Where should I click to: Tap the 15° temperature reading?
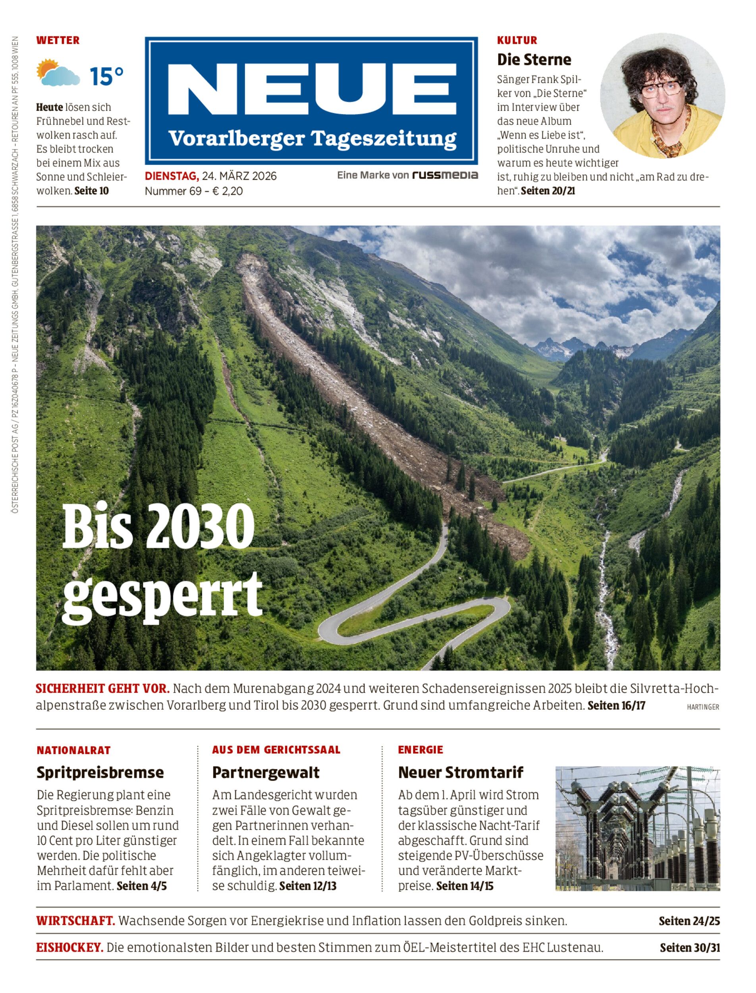[x=106, y=76]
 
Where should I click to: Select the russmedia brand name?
[x=445, y=175]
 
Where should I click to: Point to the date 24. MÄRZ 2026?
[x=239, y=176]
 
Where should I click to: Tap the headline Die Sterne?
[x=534, y=60]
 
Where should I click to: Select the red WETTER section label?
[x=58, y=40]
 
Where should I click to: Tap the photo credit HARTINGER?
[x=702, y=707]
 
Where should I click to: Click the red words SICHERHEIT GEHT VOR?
[x=102, y=689]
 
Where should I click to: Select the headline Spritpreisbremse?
[x=100, y=772]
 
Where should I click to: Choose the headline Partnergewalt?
[x=266, y=772]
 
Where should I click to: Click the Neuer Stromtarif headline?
[x=460, y=772]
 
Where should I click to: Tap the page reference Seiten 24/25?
[x=689, y=921]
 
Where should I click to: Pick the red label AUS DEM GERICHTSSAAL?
[x=276, y=750]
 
